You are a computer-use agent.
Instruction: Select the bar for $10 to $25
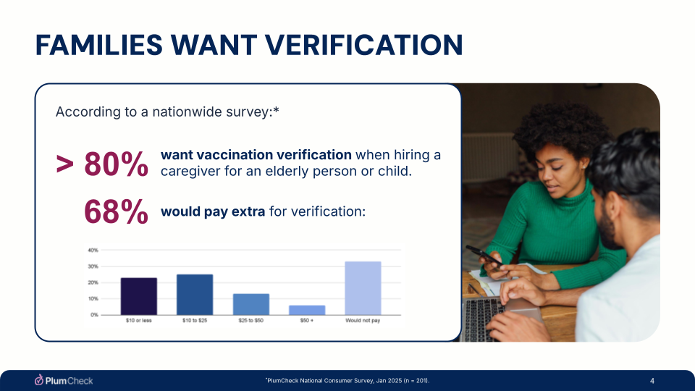[x=195, y=295]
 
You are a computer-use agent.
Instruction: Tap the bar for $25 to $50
[x=250, y=304]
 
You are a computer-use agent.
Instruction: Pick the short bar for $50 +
[x=307, y=310]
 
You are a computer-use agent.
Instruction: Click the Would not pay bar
[x=363, y=288]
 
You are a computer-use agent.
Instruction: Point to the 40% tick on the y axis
[x=93, y=250]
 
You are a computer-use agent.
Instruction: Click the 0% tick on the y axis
[x=94, y=315]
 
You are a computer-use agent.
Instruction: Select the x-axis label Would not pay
[x=363, y=321]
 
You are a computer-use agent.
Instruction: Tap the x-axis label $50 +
[x=307, y=321]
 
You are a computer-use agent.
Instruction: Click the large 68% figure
[x=117, y=211]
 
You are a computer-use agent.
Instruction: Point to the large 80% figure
[x=117, y=164]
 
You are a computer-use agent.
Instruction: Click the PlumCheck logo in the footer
[x=64, y=381]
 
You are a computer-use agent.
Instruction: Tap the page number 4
[x=652, y=381]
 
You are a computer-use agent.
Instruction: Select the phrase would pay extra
[x=213, y=211]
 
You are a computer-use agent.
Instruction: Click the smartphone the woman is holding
[x=483, y=255]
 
